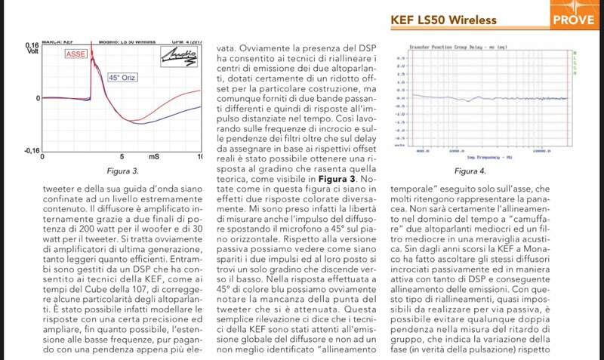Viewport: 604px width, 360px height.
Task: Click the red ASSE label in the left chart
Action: pos(75,55)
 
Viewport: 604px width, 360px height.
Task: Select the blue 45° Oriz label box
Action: pos(125,78)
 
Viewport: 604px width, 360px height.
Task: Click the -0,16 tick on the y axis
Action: pos(31,150)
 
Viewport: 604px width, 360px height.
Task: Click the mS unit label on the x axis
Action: pos(154,157)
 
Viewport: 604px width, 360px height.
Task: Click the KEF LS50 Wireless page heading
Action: pos(447,19)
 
